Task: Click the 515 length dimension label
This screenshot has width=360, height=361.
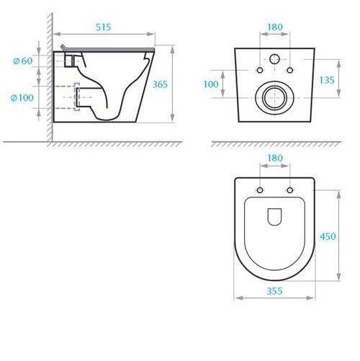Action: [x=104, y=27]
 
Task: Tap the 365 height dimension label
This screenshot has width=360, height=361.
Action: [x=160, y=84]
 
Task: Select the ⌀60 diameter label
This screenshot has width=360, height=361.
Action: [x=23, y=61]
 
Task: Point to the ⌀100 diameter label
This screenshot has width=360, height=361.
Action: [x=22, y=98]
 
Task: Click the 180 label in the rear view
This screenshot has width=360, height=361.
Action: [x=275, y=27]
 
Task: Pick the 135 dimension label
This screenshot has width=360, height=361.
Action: [x=327, y=80]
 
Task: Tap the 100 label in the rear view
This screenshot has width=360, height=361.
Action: [x=211, y=84]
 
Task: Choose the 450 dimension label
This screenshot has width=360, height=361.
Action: [x=328, y=236]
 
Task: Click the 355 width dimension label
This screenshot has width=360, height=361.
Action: [x=274, y=291]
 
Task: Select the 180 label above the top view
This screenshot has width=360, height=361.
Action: [x=275, y=158]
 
